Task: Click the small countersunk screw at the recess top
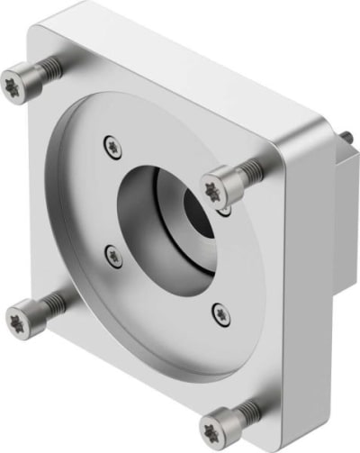[x=112, y=142]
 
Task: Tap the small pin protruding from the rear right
[x=347, y=135]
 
